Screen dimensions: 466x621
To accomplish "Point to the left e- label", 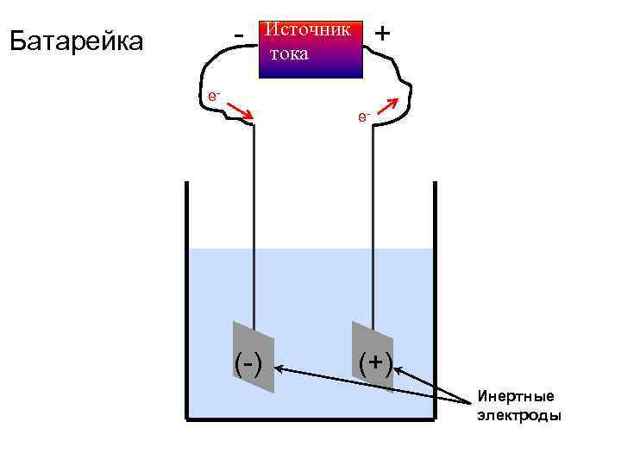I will tap(213, 96).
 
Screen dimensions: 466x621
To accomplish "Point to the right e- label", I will tap(361, 116).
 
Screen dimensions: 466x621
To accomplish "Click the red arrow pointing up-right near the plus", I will tap(388, 105).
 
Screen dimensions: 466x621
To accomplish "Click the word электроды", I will tap(519, 416).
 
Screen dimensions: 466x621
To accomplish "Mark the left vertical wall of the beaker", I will tap(187, 302).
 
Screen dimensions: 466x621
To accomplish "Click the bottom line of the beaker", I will tap(310, 419).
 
